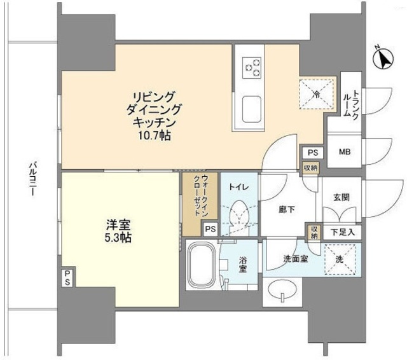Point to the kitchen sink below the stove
point(252,106)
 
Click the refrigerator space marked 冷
point(316,92)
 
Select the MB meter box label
point(344,152)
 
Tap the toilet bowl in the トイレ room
point(239,214)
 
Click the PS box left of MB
point(312,152)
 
